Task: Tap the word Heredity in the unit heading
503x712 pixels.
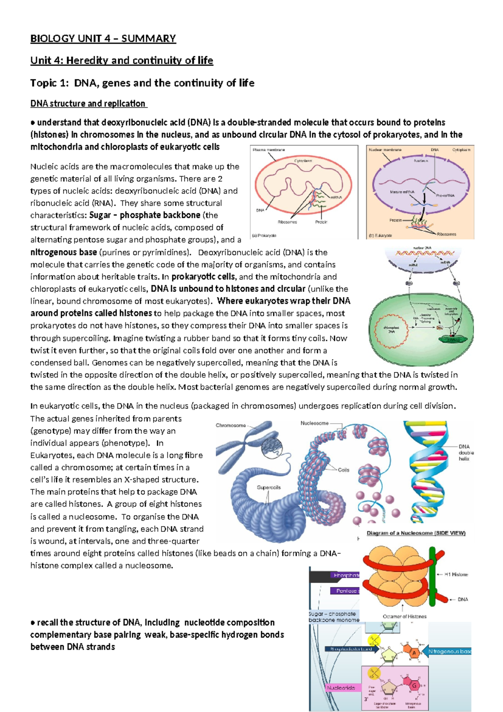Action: click(87, 60)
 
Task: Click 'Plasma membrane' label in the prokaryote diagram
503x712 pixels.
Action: click(269, 150)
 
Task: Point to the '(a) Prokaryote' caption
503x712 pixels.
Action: click(264, 236)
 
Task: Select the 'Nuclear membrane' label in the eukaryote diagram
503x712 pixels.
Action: click(385, 150)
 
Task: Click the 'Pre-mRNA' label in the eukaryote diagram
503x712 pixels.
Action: click(445, 196)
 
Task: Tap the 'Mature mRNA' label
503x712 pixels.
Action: click(402, 192)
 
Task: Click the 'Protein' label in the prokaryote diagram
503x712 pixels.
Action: click(321, 222)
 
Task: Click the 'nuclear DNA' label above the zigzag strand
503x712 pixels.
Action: click(422, 248)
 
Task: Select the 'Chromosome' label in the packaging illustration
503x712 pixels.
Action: click(231, 425)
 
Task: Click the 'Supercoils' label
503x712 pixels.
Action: click(269, 487)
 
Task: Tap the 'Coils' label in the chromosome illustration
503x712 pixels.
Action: click(343, 470)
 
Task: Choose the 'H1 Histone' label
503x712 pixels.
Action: click(456, 574)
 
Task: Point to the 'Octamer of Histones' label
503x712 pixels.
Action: click(404, 616)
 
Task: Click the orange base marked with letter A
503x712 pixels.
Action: click(414, 653)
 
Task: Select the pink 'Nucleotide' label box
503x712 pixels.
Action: click(341, 688)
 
